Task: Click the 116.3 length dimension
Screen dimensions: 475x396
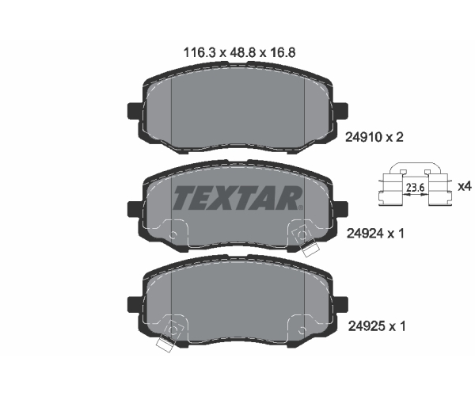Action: (x=199, y=53)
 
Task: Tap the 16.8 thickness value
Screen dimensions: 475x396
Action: (x=282, y=53)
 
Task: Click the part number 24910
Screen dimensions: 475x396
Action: (x=364, y=138)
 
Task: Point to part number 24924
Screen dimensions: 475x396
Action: (x=365, y=234)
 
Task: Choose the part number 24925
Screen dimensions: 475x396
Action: (x=367, y=326)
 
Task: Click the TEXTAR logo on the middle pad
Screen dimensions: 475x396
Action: (x=237, y=198)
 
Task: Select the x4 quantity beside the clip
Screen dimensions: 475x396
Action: (x=465, y=186)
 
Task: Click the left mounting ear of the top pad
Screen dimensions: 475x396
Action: (x=135, y=111)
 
